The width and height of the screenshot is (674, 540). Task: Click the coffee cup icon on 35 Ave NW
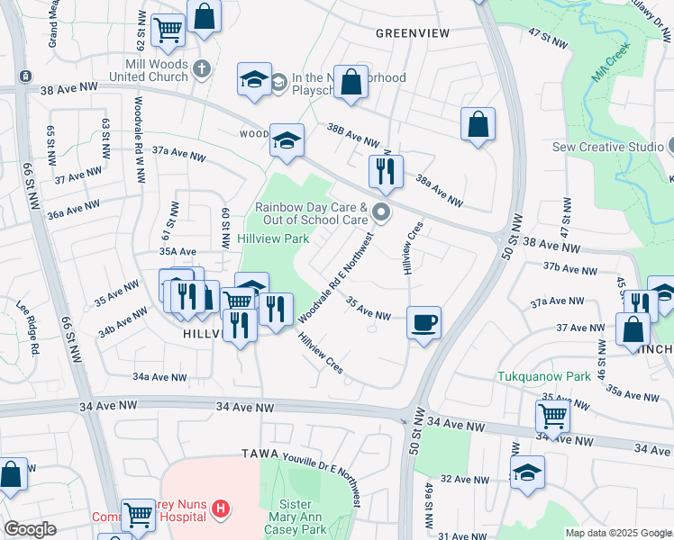tap(424, 321)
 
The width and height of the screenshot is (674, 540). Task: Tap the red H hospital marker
tap(220, 510)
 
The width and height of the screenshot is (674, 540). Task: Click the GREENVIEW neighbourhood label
tap(412, 32)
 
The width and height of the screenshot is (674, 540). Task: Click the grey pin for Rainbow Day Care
tap(381, 212)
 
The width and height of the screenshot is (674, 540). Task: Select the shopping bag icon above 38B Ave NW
tap(351, 82)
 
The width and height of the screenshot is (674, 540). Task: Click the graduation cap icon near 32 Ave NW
tap(527, 472)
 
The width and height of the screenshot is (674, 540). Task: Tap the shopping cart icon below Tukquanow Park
tap(551, 416)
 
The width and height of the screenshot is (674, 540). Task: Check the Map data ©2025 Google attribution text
tap(618, 533)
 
